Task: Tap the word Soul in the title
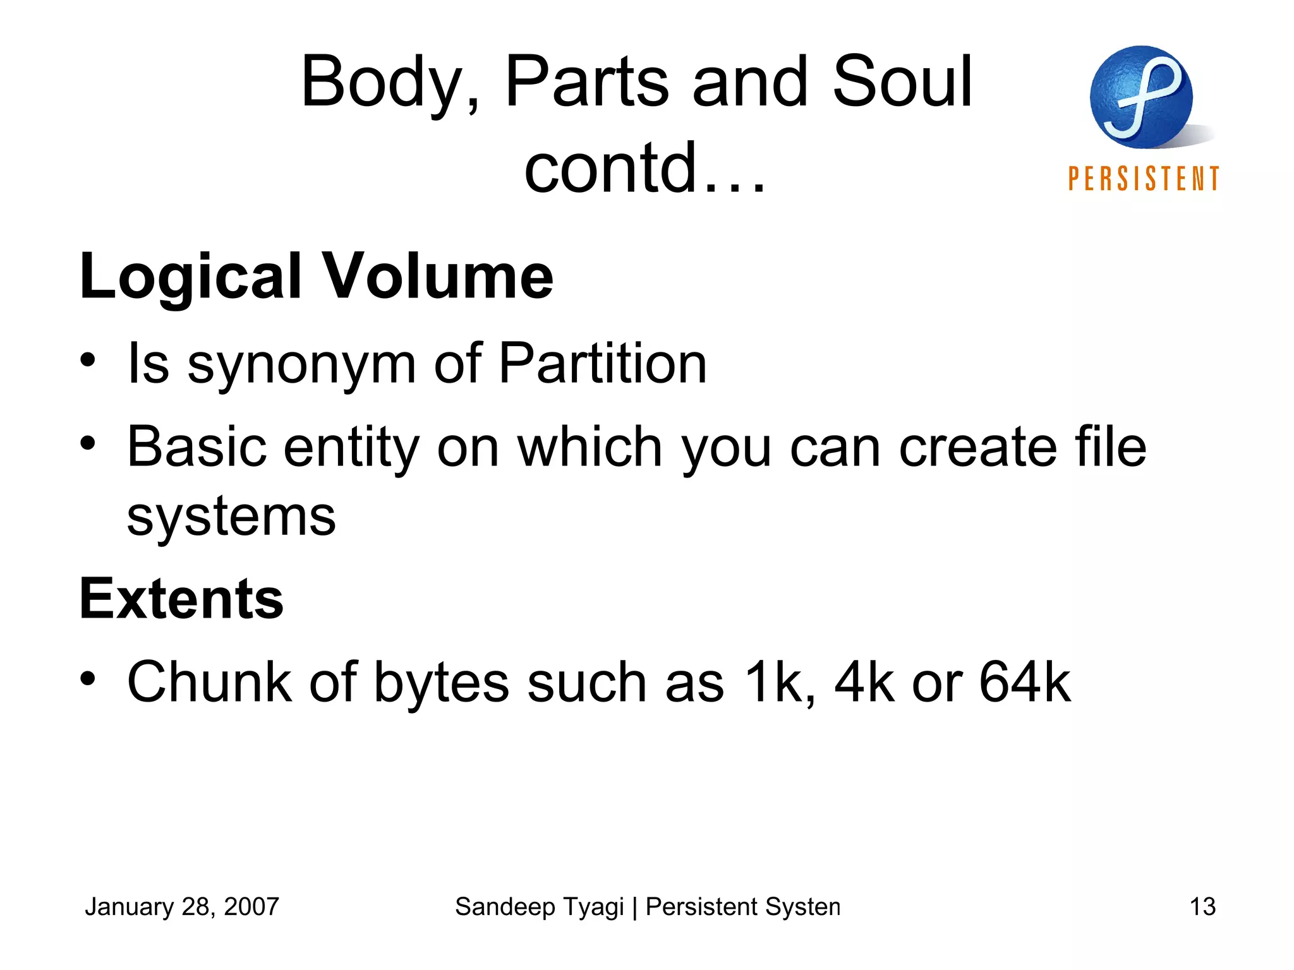pos(902,81)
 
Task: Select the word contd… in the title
pos(645,168)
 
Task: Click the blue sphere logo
pos(1141,97)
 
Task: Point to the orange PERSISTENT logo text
pos(1144,179)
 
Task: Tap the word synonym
pos(301,364)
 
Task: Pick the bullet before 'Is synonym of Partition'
pos(88,361)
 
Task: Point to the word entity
pos(351,447)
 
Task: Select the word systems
pos(231,517)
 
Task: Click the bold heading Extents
pos(181,599)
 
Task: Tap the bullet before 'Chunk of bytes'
pos(88,679)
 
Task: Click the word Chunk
pos(209,682)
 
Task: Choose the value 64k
pos(1024,682)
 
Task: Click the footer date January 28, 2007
pos(182,907)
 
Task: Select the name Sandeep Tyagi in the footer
pos(539,907)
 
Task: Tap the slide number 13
pos(1202,907)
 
